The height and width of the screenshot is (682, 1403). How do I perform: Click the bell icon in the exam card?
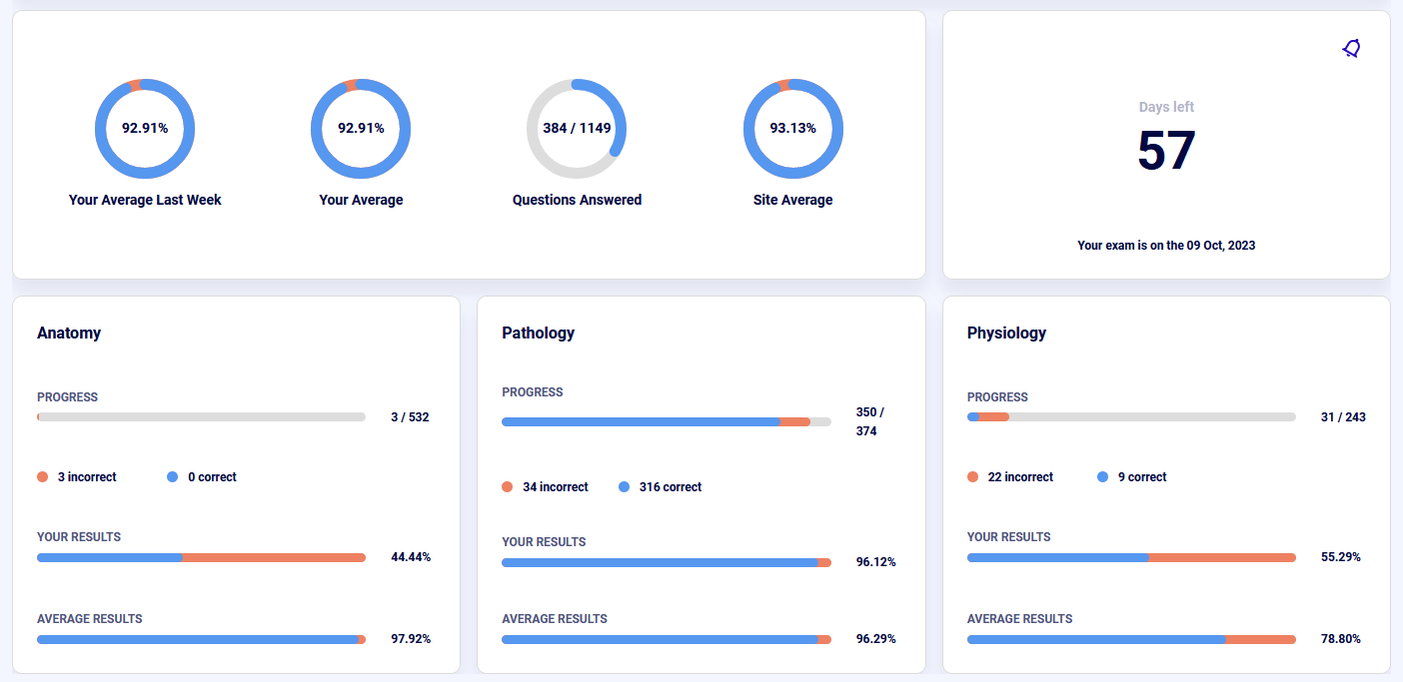click(x=1351, y=49)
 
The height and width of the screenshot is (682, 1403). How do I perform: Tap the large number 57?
click(x=1166, y=151)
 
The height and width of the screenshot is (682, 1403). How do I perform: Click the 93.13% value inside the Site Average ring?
click(x=792, y=128)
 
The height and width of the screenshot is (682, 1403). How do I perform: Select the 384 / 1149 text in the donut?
click(x=577, y=128)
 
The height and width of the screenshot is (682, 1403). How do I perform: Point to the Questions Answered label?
click(x=577, y=200)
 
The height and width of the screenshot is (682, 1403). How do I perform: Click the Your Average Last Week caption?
click(x=145, y=200)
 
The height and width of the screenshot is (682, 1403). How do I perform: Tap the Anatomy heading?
click(x=69, y=333)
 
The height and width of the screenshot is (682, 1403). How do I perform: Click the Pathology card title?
click(x=538, y=333)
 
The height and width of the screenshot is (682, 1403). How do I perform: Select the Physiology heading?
click(x=1006, y=333)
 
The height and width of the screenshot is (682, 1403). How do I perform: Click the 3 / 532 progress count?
click(x=410, y=417)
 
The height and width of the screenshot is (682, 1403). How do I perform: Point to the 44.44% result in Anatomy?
click(x=411, y=557)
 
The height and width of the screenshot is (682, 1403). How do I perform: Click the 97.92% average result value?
click(x=411, y=639)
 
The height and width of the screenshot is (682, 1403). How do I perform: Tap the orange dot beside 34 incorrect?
click(x=508, y=487)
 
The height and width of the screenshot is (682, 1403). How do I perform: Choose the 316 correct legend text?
click(x=670, y=487)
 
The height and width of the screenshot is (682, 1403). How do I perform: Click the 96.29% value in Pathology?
click(x=876, y=639)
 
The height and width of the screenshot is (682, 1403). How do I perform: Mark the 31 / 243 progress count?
click(x=1343, y=417)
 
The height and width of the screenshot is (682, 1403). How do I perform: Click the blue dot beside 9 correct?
click(x=1103, y=477)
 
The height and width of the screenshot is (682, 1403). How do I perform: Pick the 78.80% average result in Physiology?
click(x=1341, y=639)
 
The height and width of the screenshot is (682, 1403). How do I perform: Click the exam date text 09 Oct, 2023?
click(x=1220, y=245)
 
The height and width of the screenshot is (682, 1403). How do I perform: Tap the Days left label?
click(x=1166, y=107)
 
